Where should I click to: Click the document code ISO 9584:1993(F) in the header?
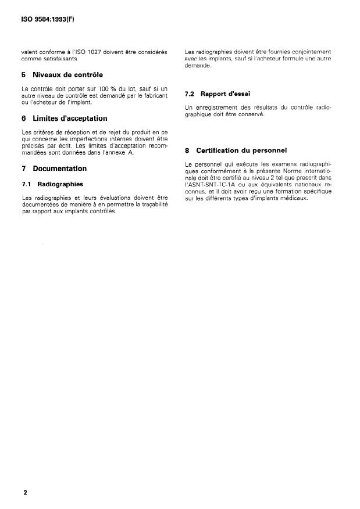pos(44,19)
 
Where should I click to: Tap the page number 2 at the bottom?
pos(26,493)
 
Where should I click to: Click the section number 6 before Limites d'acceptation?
pos(23,118)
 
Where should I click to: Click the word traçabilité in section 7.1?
pos(149,205)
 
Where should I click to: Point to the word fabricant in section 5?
pos(154,95)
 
